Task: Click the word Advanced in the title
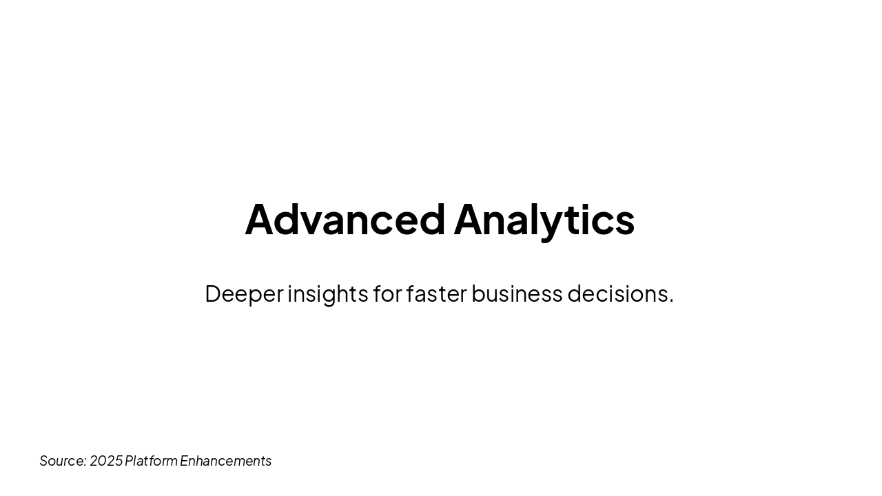pyautogui.click(x=345, y=219)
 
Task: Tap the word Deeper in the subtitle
pyautogui.click(x=244, y=294)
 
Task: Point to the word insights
pyautogui.click(x=327, y=294)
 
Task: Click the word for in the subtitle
pyautogui.click(x=388, y=293)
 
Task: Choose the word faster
pyautogui.click(x=437, y=293)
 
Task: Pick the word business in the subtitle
pyautogui.click(x=517, y=293)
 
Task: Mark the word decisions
pyautogui.click(x=618, y=293)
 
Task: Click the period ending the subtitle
pyautogui.click(x=671, y=301)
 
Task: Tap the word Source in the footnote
pyautogui.click(x=61, y=461)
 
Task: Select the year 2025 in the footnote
pyautogui.click(x=106, y=461)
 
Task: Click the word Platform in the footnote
pyautogui.click(x=151, y=461)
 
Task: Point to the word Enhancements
pyautogui.click(x=225, y=461)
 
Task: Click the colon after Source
pyautogui.click(x=85, y=462)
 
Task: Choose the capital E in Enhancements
pyautogui.click(x=185, y=461)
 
